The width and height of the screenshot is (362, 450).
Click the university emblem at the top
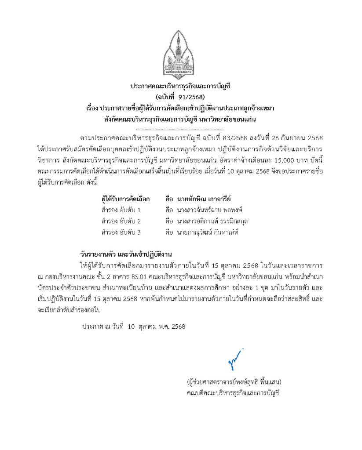[181, 55]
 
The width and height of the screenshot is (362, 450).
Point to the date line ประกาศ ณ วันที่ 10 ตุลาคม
[134, 327]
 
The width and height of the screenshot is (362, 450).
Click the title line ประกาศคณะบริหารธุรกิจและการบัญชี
[181, 86]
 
